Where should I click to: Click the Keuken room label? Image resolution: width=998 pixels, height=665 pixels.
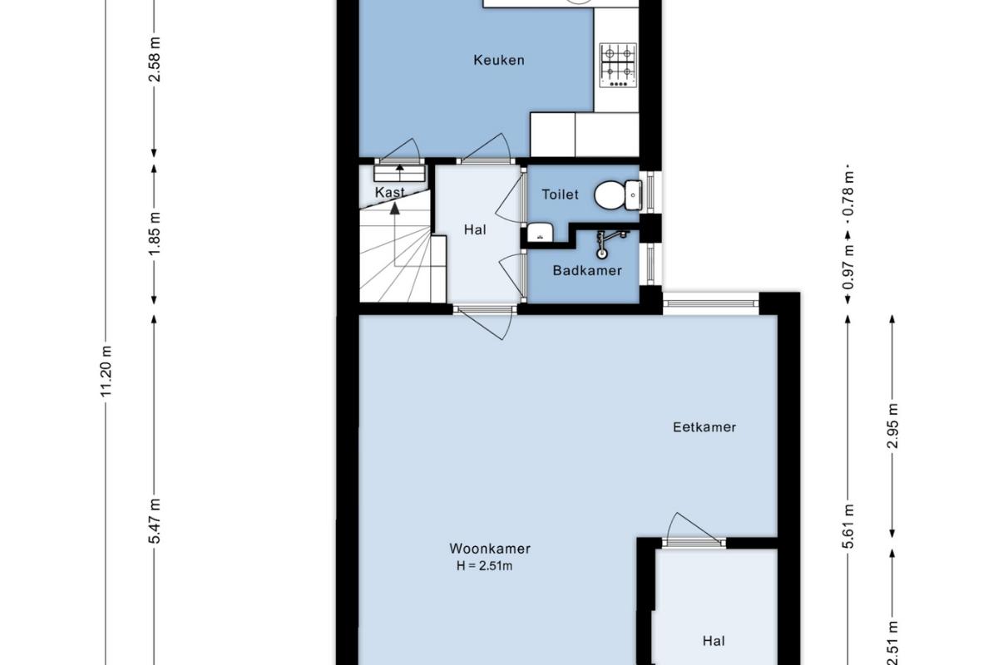[498, 60]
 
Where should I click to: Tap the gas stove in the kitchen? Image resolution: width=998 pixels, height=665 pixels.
[619, 66]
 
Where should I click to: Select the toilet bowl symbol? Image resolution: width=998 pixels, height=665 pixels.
[618, 195]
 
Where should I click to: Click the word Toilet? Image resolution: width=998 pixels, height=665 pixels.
[560, 195]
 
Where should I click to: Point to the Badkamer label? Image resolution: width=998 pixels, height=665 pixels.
[587, 270]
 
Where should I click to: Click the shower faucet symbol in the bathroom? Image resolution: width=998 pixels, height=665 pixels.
[610, 244]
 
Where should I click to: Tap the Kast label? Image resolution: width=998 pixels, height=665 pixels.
[390, 192]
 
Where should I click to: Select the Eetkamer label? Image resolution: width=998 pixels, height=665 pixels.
[704, 427]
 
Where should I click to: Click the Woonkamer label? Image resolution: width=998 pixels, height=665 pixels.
[490, 549]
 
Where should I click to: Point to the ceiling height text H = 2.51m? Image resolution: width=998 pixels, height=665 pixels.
[485, 566]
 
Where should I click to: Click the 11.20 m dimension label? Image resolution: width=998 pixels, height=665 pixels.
[106, 371]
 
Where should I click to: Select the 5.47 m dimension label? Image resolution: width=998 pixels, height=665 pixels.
[154, 521]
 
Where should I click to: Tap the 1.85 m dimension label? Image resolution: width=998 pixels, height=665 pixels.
[154, 234]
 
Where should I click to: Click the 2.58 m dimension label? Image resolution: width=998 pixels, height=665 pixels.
[154, 60]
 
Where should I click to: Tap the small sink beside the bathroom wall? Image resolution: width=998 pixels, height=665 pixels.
[540, 233]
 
